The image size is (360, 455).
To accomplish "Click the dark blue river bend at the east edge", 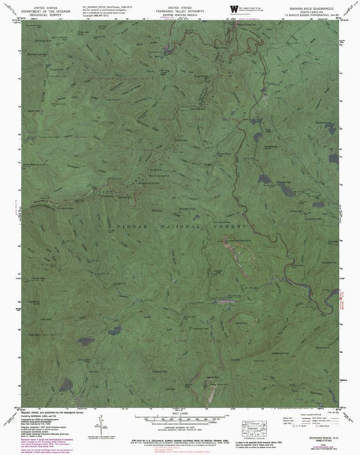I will (328, 285).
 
